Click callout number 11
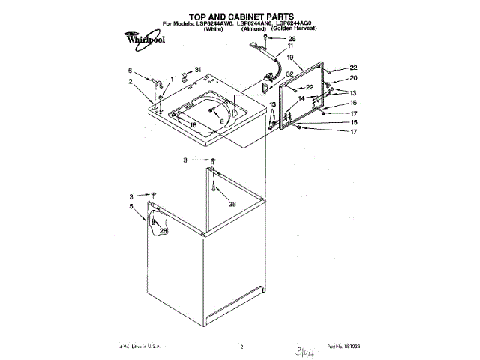tap(291, 47)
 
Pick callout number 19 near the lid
tap(289, 58)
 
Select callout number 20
tap(353, 78)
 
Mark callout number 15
tap(354, 122)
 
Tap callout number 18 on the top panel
tap(193, 125)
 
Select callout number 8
tap(222, 120)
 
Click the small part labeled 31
tap(186, 76)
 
